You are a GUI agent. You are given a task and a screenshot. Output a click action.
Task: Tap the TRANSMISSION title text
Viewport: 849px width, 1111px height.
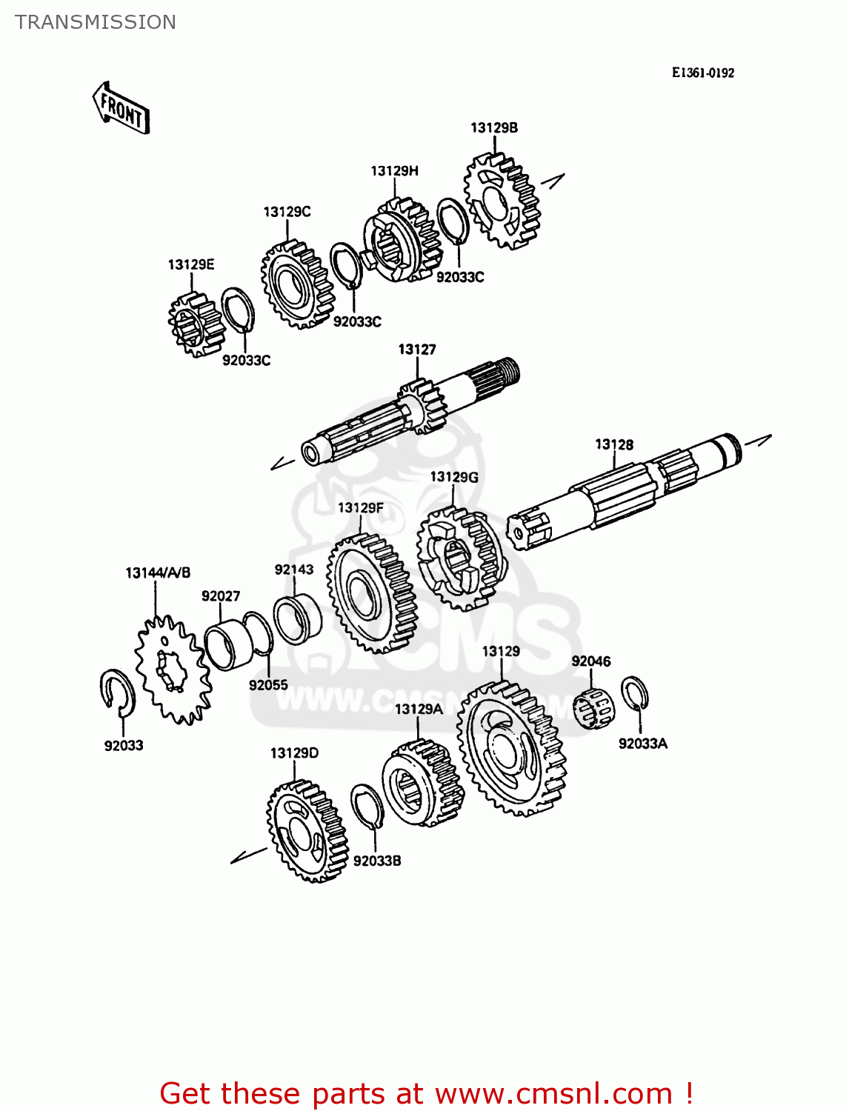(96, 22)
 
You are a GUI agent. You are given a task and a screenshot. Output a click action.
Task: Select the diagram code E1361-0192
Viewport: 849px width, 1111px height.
(702, 73)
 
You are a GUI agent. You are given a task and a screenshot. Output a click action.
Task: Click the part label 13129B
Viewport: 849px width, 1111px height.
(494, 127)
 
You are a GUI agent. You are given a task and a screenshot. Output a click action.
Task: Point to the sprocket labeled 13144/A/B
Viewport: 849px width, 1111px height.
(172, 670)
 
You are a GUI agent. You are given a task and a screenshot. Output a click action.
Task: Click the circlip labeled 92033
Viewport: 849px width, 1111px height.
(117, 693)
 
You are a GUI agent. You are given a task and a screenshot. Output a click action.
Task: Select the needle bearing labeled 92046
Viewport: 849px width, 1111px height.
(594, 708)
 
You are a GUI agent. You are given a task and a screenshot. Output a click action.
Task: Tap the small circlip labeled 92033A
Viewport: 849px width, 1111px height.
(634, 695)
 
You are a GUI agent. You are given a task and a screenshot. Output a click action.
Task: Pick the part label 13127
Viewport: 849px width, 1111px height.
(417, 349)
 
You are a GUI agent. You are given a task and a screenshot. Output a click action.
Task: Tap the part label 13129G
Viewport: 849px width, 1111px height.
(454, 477)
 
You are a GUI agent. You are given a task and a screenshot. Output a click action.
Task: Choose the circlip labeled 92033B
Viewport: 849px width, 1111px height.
(367, 807)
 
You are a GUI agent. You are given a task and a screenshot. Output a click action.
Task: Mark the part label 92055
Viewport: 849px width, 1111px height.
(268, 685)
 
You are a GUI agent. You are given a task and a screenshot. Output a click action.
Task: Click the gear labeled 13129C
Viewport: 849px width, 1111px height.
(297, 284)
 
